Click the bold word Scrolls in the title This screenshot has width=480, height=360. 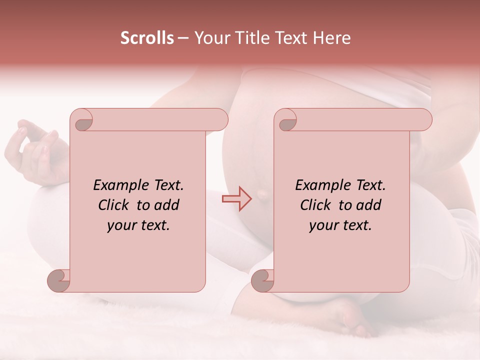(x=147, y=38)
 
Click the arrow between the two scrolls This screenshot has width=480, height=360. (x=237, y=199)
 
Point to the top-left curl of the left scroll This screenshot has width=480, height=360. (x=82, y=120)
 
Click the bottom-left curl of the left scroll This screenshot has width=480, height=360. (x=59, y=280)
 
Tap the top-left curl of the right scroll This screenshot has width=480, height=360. (x=287, y=120)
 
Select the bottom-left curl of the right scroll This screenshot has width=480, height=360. (x=262, y=280)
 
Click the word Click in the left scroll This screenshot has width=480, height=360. (x=114, y=205)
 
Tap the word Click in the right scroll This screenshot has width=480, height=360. (x=316, y=205)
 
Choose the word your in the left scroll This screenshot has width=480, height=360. (x=122, y=225)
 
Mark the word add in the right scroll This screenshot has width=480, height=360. (x=369, y=205)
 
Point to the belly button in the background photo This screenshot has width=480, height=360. (x=262, y=194)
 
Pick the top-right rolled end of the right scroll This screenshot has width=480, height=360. (x=422, y=120)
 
